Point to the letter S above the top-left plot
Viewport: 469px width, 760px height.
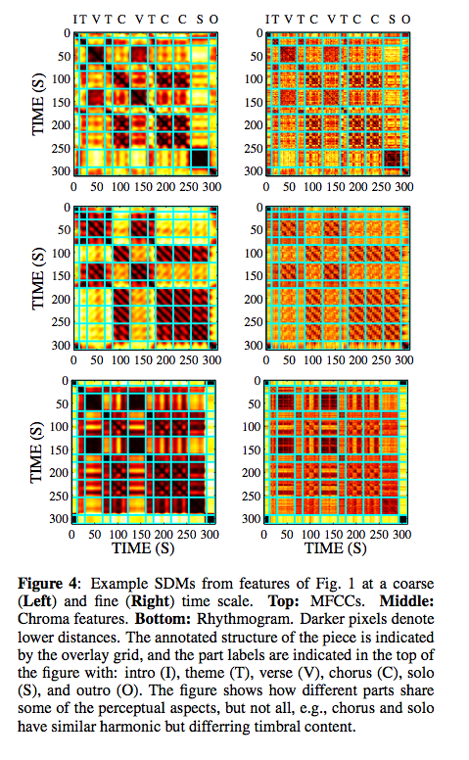click(x=200, y=19)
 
